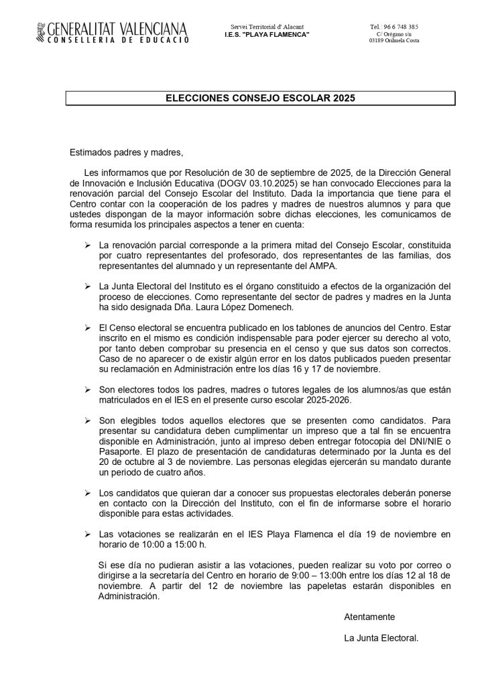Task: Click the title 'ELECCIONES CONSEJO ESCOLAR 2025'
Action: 259,98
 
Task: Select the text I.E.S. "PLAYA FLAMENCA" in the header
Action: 267,34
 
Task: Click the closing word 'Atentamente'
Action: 369,617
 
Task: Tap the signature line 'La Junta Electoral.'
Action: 381,638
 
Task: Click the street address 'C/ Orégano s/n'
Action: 393,34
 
